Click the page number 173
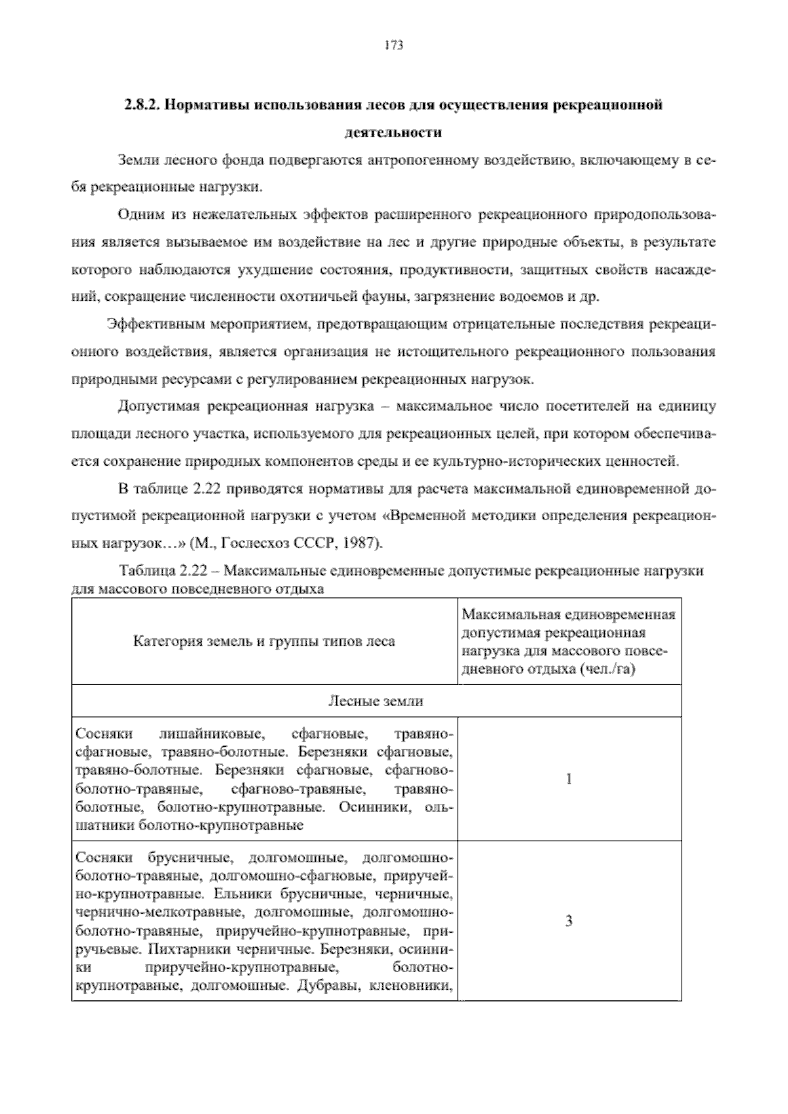click(x=393, y=46)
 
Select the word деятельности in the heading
click(x=393, y=133)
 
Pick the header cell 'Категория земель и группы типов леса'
click(x=264, y=641)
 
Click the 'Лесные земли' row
click(x=376, y=702)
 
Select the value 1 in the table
click(x=569, y=780)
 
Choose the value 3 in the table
click(x=569, y=921)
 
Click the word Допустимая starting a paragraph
click(x=158, y=407)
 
